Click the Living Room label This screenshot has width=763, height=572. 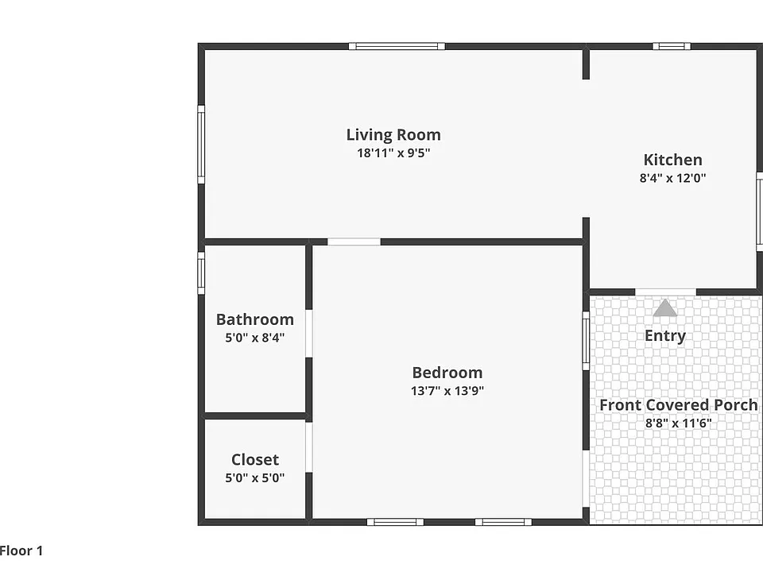(393, 135)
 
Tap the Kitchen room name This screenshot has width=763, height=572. (672, 160)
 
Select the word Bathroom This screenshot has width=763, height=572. (255, 319)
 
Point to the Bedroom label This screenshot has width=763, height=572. (447, 373)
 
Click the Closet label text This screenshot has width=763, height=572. (255, 460)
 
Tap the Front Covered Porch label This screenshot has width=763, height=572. (678, 404)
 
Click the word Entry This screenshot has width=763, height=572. (665, 335)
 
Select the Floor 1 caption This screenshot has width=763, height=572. (21, 551)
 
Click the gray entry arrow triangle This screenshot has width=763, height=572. (664, 308)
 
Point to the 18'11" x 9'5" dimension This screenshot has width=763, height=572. (393, 153)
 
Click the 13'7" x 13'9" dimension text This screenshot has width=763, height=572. (447, 391)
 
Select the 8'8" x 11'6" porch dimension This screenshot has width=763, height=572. (678, 423)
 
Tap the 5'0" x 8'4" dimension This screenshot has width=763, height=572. (255, 337)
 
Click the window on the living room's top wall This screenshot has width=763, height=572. (397, 46)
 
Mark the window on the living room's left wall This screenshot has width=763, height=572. (201, 145)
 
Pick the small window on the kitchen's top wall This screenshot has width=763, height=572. (672, 46)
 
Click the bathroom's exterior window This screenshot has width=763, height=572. (201, 272)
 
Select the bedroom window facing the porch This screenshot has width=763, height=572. (586, 341)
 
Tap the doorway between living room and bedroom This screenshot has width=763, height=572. (354, 242)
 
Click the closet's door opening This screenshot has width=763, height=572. (308, 447)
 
